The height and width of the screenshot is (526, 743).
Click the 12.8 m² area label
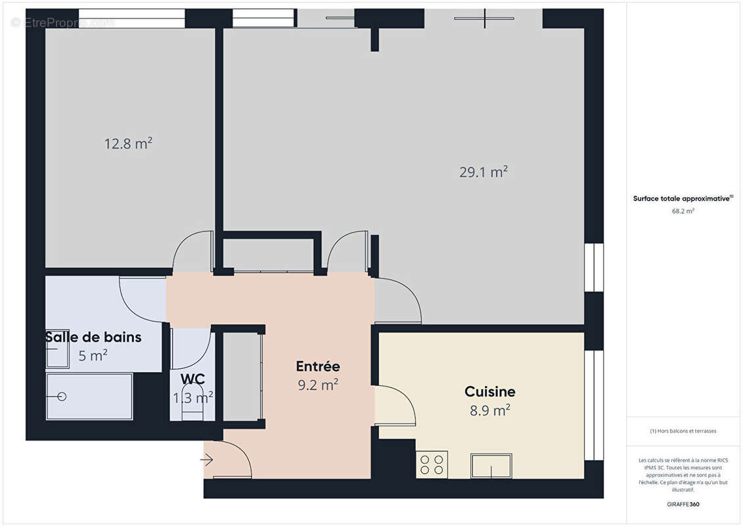[x=128, y=143]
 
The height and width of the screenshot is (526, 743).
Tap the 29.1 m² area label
[x=484, y=172]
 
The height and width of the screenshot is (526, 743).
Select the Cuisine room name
[x=489, y=392]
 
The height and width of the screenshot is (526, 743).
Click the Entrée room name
[x=318, y=366]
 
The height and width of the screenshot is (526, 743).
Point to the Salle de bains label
[x=93, y=337]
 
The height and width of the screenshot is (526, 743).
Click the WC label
[x=192, y=379]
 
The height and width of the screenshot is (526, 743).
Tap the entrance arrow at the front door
[x=207, y=460]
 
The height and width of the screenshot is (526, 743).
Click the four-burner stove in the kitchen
[x=432, y=464]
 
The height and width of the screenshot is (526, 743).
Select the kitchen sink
[x=491, y=466]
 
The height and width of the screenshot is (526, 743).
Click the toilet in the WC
[x=192, y=409]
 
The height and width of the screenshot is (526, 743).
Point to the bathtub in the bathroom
[x=89, y=396]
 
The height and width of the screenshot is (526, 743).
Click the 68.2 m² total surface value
[x=683, y=211]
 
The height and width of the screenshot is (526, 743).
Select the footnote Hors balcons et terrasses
[x=683, y=431]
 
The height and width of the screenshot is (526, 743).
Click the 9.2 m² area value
[x=318, y=385]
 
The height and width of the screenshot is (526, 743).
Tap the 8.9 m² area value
[x=490, y=410]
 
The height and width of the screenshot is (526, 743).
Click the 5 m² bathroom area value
[x=93, y=356]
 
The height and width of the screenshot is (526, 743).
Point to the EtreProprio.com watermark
[x=62, y=23]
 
